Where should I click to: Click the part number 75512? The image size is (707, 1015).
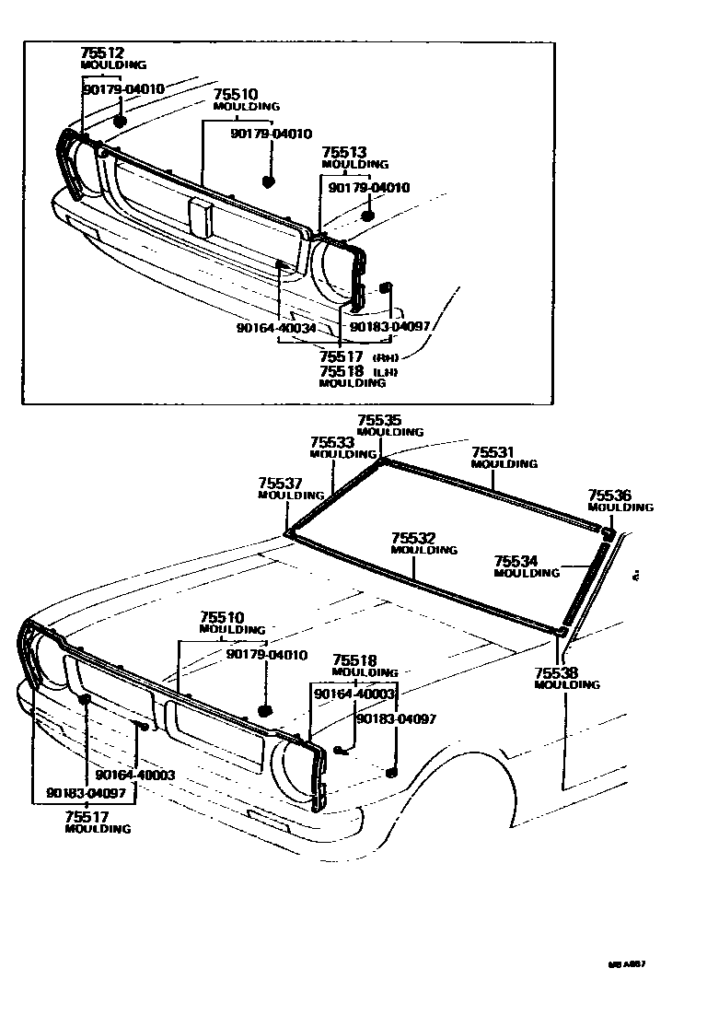pyautogui.click(x=102, y=53)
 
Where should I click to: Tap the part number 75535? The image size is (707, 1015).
pyautogui.click(x=379, y=420)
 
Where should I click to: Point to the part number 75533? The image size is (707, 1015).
pyautogui.click(x=332, y=442)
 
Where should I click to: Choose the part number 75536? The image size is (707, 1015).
pyautogui.click(x=609, y=496)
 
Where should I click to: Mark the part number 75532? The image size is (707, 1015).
pyautogui.click(x=412, y=538)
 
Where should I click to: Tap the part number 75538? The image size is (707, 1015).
pyautogui.click(x=555, y=673)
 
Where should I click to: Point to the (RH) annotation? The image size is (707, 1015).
pyautogui.click(x=384, y=356)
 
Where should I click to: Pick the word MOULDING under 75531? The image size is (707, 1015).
pyautogui.click(x=504, y=464)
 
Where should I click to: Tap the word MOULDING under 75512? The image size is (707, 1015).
pyautogui.click(x=113, y=65)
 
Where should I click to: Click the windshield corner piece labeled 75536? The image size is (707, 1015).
pyautogui.click(x=608, y=531)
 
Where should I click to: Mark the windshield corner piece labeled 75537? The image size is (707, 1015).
pyautogui.click(x=289, y=531)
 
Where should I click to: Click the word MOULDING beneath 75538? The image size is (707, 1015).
pyautogui.click(x=566, y=685)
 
